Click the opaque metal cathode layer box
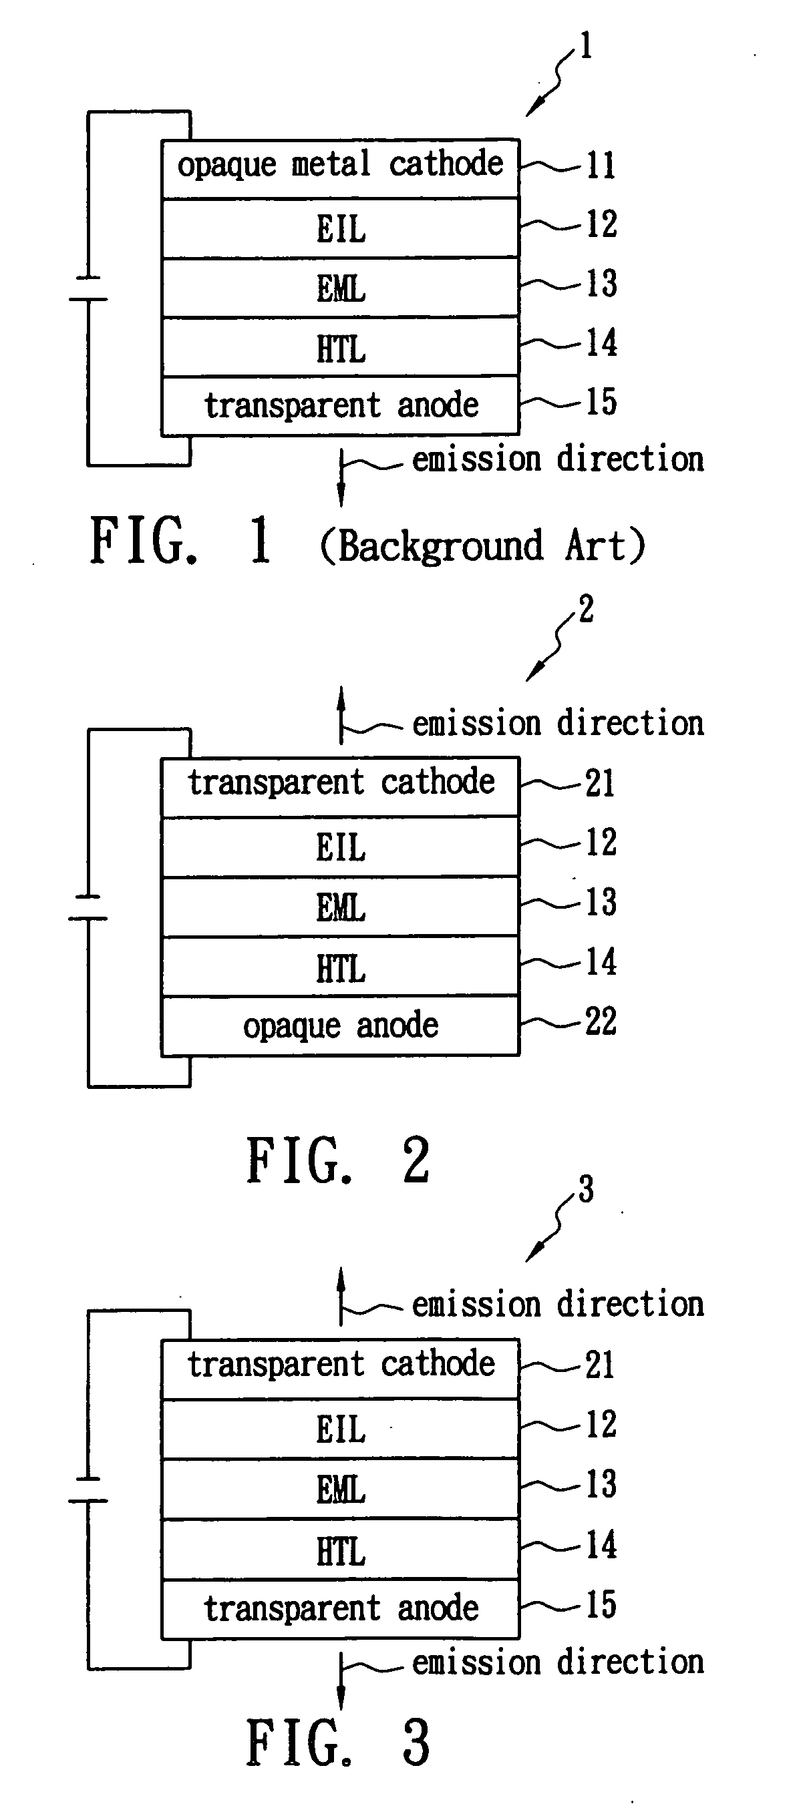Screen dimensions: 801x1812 click(x=341, y=169)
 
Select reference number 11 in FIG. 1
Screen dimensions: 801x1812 click(x=601, y=166)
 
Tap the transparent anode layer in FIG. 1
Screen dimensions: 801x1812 click(x=341, y=406)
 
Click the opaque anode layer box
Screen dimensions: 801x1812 click(x=341, y=1026)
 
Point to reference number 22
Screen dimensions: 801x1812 click(x=601, y=1022)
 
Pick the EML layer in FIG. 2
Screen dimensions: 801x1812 click(x=341, y=906)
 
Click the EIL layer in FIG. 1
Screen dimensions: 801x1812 click(x=341, y=228)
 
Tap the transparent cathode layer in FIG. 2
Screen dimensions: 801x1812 click(x=341, y=786)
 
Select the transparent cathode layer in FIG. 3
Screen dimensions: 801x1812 click(x=341, y=1369)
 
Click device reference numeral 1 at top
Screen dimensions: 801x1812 click(x=585, y=47)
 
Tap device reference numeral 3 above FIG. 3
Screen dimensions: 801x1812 click(x=586, y=1190)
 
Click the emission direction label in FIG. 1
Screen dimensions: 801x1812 click(x=557, y=459)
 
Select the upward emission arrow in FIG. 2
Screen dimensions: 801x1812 click(x=341, y=715)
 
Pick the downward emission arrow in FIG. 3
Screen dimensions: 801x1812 click(x=341, y=1682)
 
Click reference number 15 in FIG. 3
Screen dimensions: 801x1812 click(x=601, y=1605)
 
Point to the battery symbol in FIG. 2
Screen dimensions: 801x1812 click(x=88, y=907)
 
